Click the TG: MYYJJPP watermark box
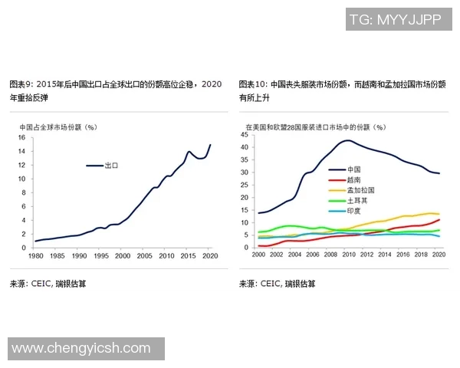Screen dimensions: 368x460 tap(394, 20)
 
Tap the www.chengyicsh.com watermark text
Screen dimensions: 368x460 tap(81, 349)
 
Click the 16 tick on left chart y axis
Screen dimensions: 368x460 tap(21, 138)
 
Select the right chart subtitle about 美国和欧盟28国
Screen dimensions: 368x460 tap(315, 127)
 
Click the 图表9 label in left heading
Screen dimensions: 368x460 tap(21, 84)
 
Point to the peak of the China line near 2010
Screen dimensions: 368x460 tap(347, 140)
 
